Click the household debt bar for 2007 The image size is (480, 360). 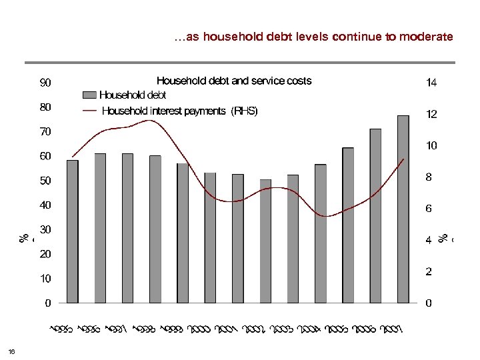point(403,209)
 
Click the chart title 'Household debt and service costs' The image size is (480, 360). point(233,81)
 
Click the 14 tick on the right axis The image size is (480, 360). point(431,83)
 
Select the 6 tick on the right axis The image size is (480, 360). point(429,209)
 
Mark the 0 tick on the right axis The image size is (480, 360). point(429,303)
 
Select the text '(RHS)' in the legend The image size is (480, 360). point(244,111)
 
